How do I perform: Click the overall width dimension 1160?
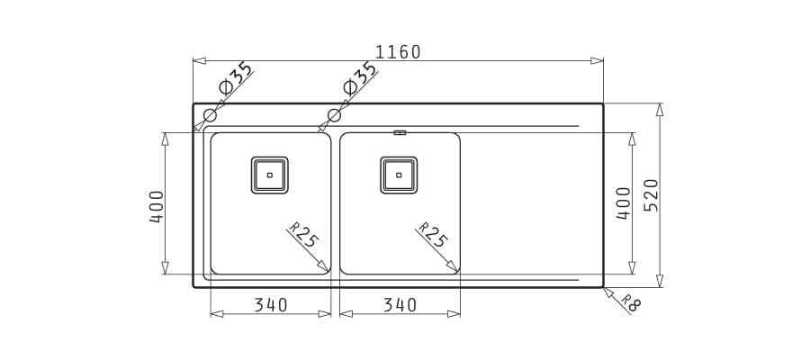[398, 52]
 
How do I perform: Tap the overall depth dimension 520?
[652, 195]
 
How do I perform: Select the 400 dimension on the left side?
[157, 207]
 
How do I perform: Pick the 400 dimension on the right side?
[624, 203]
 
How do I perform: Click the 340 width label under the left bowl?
[271, 305]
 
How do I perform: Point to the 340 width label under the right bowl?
[400, 305]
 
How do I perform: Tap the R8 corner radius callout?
[631, 303]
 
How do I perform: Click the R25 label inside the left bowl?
[304, 234]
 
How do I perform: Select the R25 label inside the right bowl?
[433, 234]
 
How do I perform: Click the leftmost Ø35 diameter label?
[236, 78]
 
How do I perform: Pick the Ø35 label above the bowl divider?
[359, 78]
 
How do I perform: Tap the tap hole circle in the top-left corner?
[210, 115]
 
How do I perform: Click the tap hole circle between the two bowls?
[334, 115]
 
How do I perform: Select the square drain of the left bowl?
[270, 175]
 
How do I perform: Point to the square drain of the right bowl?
[399, 175]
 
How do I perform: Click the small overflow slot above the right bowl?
[400, 132]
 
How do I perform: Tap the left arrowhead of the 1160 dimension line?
[200, 61]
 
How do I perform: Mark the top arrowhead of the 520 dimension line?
[659, 110]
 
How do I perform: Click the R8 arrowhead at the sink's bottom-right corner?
[608, 292]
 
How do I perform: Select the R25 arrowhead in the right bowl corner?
[453, 266]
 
